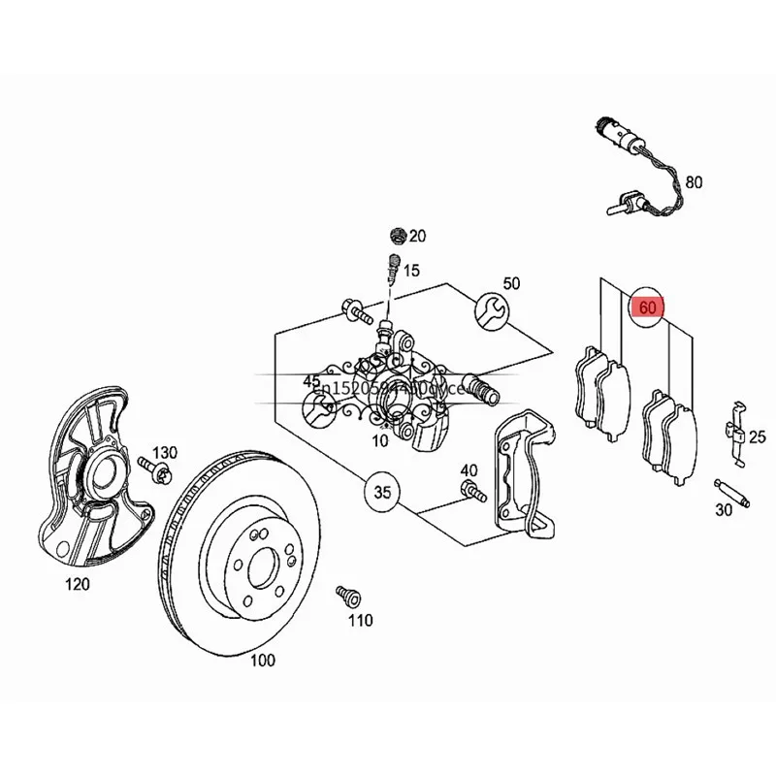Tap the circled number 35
[x=382, y=493]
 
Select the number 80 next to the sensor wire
[x=693, y=181]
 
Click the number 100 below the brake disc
[x=262, y=661]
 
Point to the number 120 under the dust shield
[x=77, y=583]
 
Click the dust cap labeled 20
[x=395, y=236]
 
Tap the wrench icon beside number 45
[x=316, y=411]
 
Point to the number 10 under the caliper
[x=380, y=440]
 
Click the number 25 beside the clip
[x=758, y=436]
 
